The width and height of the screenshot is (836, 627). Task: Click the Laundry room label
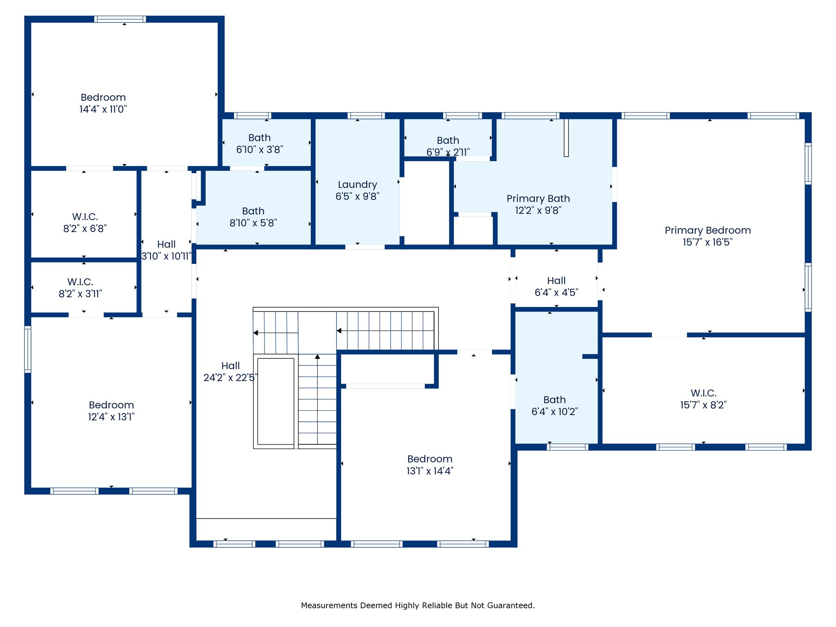(357, 185)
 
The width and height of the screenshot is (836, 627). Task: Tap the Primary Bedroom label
(707, 230)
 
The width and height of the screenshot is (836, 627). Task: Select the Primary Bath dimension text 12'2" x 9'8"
(538, 210)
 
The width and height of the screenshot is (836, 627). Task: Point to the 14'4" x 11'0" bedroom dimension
(103, 109)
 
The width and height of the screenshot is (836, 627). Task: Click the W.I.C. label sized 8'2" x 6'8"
(85, 217)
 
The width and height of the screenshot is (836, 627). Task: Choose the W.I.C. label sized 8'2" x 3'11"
(80, 282)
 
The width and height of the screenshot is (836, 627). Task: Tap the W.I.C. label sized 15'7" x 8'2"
(703, 393)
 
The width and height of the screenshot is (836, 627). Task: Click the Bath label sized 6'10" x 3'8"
(259, 138)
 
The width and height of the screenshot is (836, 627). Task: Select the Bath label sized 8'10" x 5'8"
(253, 211)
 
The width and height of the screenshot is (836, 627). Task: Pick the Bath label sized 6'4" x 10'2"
(554, 400)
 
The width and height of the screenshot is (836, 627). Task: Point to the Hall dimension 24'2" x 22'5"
(230, 378)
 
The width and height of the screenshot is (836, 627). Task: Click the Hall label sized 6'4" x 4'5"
(556, 281)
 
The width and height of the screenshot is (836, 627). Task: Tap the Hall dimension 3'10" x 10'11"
(166, 256)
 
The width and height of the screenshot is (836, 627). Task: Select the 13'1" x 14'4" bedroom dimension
(429, 471)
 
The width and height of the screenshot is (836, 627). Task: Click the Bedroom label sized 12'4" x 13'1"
(111, 405)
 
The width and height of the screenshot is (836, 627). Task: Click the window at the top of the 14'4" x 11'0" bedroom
(120, 19)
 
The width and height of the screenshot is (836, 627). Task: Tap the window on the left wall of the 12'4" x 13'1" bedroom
(28, 349)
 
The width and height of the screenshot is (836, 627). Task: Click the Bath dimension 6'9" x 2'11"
(448, 152)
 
